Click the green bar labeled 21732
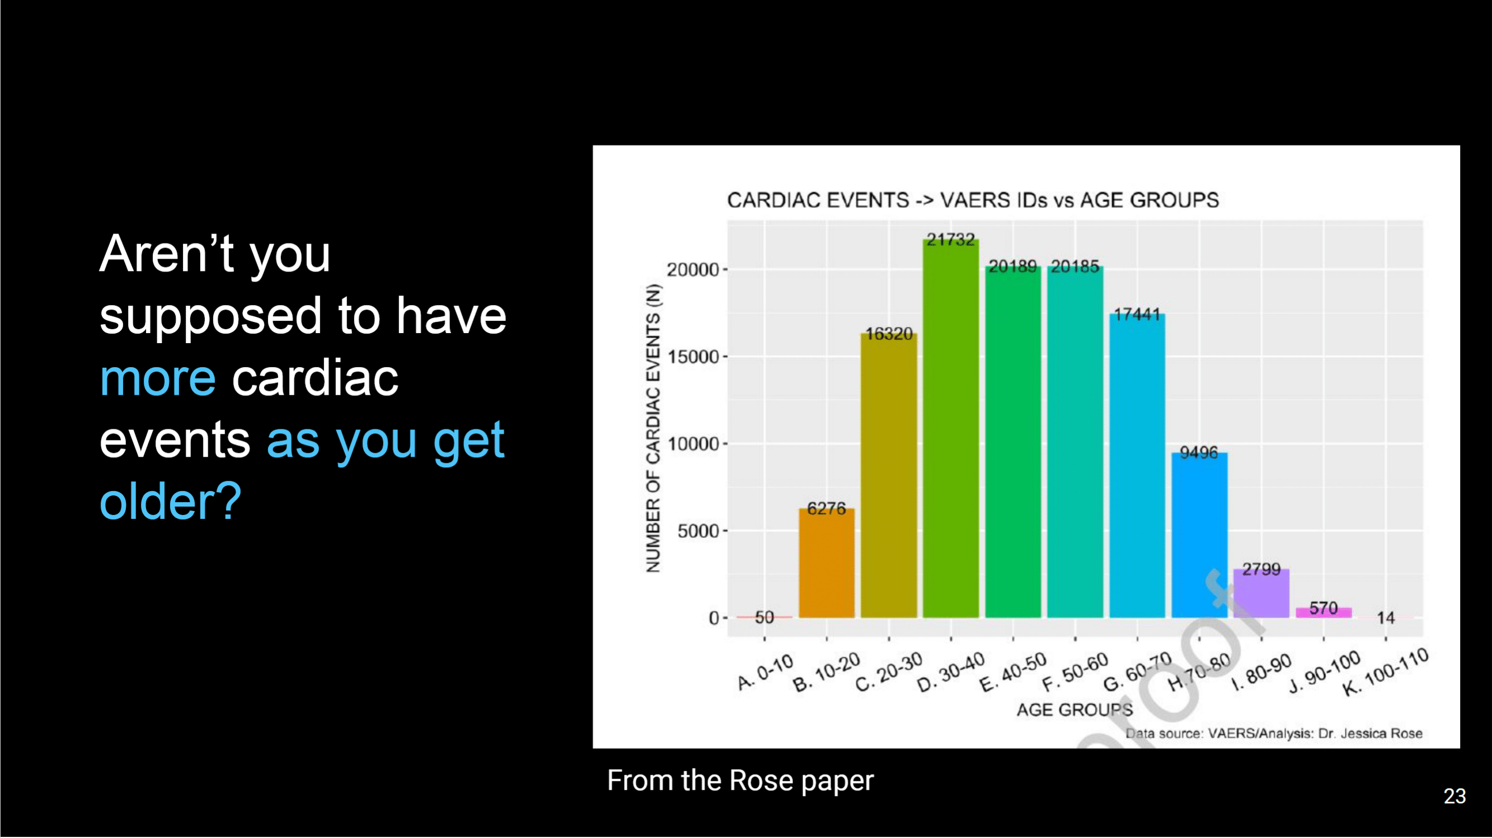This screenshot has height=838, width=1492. (x=950, y=428)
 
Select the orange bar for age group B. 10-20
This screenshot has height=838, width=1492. (x=827, y=563)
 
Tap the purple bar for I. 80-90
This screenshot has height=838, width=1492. (x=1261, y=593)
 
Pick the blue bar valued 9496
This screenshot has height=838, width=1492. (x=1199, y=536)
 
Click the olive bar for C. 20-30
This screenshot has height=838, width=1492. (x=889, y=476)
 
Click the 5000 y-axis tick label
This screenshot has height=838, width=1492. (x=698, y=531)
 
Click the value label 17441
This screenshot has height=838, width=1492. (x=1137, y=315)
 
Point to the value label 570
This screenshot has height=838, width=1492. (x=1324, y=608)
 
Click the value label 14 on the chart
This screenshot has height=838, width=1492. (x=1386, y=618)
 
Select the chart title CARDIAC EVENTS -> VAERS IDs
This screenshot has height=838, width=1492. (x=973, y=200)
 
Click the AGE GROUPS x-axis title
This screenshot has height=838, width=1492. (x=1075, y=709)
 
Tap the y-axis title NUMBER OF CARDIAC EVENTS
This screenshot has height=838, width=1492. (x=653, y=428)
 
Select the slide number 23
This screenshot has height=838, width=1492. (x=1455, y=795)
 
